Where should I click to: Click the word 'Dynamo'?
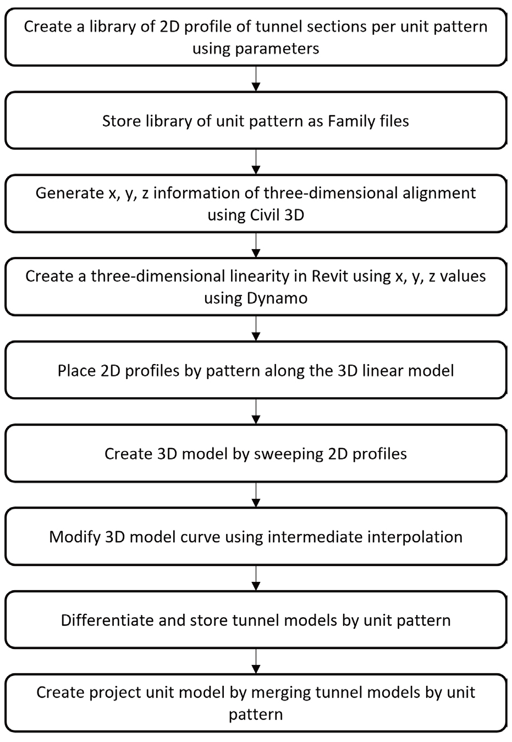[277, 299]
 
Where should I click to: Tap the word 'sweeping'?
[289, 454]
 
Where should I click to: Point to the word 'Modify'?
[75, 537]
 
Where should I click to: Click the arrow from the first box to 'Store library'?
[256, 79]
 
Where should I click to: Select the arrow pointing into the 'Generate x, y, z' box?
[256, 162]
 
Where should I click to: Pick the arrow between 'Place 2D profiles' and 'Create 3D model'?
[256, 412]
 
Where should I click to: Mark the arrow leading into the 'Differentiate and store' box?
[256, 578]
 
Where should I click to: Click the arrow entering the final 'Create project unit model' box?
[256, 661]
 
